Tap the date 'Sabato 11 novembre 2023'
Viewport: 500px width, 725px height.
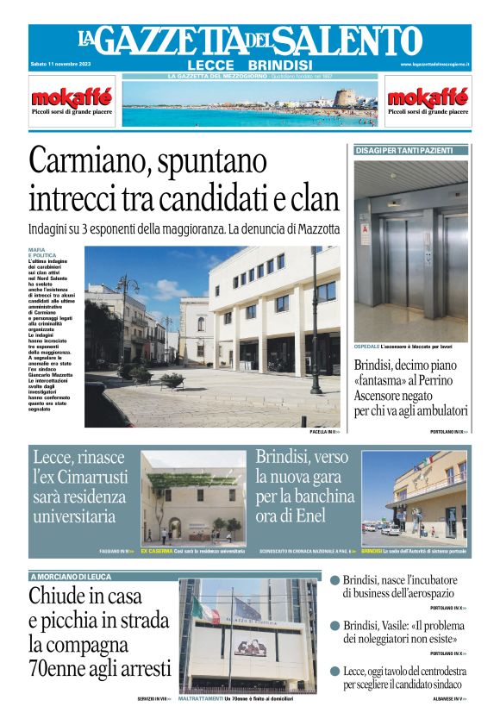tap(61, 65)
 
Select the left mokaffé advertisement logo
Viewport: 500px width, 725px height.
tap(59, 97)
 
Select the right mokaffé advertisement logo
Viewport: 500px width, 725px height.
tap(428, 97)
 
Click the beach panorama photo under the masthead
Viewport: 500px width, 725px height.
tap(250, 103)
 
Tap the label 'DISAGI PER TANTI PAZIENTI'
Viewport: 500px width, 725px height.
tap(404, 151)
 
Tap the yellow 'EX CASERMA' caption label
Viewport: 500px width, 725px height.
tap(156, 550)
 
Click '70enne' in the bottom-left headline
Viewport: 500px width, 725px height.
tap(64, 667)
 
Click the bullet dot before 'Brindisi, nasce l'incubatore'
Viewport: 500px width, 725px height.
tap(334, 581)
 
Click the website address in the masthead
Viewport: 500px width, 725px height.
tap(434, 65)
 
